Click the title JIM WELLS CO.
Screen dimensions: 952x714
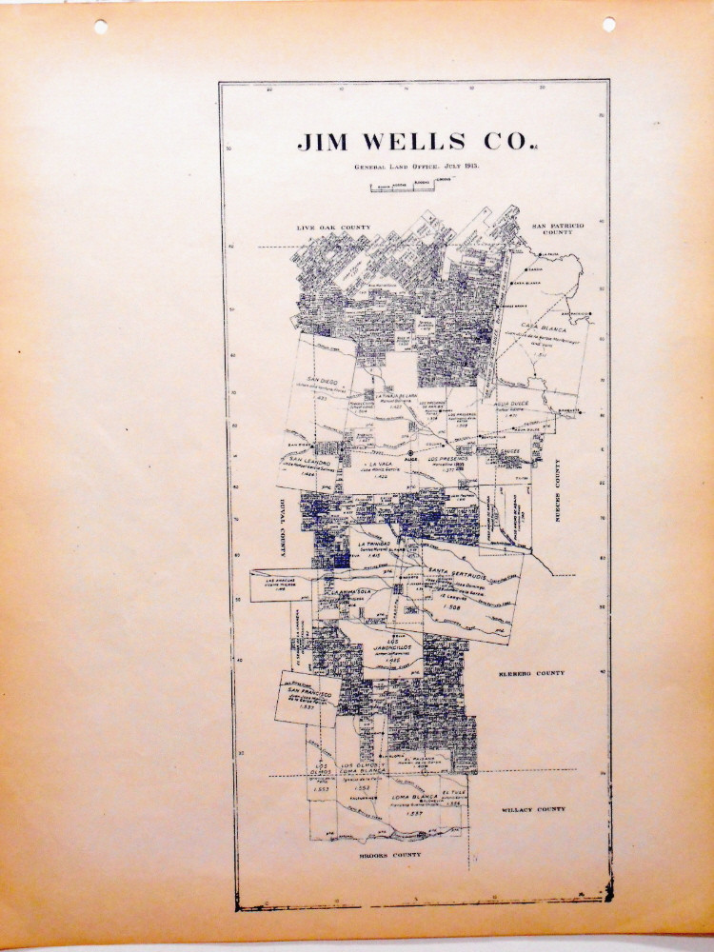point(413,142)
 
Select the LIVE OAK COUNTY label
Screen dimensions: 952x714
point(332,228)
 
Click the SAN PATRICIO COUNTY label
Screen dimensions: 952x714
point(556,228)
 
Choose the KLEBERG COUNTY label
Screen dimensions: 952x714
point(531,673)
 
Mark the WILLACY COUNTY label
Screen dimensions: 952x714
point(533,809)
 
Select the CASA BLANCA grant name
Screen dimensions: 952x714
point(544,327)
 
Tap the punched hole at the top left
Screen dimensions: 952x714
point(100,28)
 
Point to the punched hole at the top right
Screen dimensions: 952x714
point(609,24)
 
